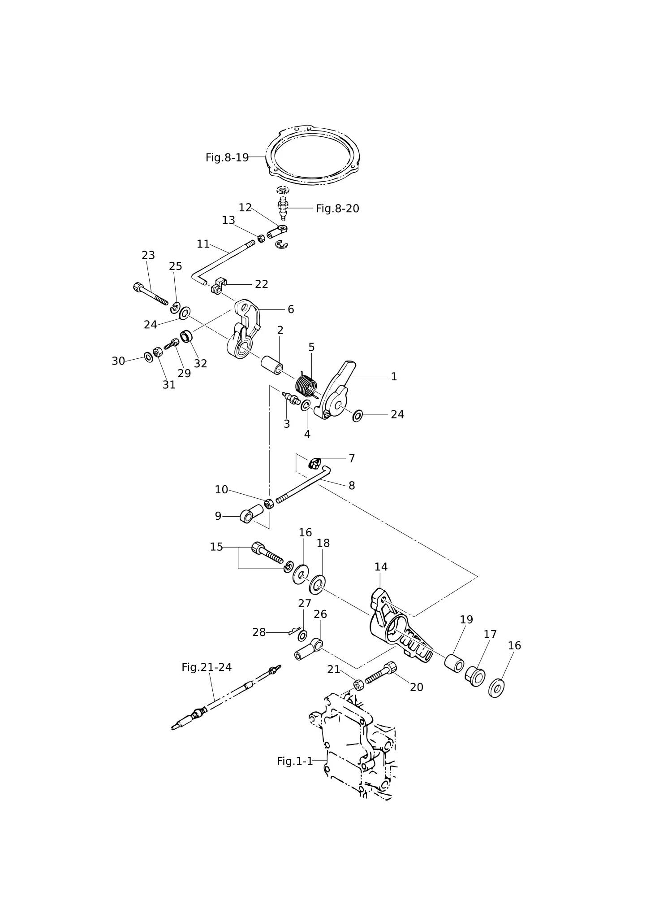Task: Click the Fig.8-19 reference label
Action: click(x=227, y=157)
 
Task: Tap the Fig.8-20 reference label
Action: click(x=337, y=209)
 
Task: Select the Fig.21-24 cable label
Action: click(x=207, y=667)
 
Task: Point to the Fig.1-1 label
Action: click(x=295, y=761)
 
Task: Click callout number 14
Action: click(x=381, y=567)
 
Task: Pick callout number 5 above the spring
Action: click(x=311, y=348)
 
